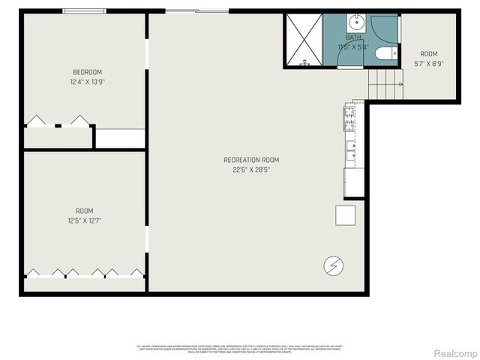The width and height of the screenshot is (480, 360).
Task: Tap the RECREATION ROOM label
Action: pyautogui.click(x=251, y=160)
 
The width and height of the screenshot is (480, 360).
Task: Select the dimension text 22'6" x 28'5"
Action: pyautogui.click(x=251, y=169)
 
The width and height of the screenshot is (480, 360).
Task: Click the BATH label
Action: pyautogui.click(x=354, y=37)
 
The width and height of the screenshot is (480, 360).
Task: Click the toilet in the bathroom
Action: pyautogui.click(x=384, y=53)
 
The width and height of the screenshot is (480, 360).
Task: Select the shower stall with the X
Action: pyautogui.click(x=303, y=40)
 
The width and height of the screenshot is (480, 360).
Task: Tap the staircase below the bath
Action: pyautogui.click(x=385, y=82)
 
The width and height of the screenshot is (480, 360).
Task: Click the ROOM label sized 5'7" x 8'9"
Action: pyautogui.click(x=428, y=54)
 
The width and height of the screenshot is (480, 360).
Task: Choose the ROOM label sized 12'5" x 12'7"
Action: pyautogui.click(x=85, y=211)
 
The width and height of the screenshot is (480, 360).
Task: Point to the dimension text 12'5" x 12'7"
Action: pyautogui.click(x=85, y=220)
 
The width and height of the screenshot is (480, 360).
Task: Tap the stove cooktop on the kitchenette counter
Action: pyautogui.click(x=349, y=115)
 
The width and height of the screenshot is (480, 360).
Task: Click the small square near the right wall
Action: pyautogui.click(x=346, y=214)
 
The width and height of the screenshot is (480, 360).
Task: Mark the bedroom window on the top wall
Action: pyautogui.click(x=84, y=11)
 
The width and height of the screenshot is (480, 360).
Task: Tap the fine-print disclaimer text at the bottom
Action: pyautogui.click(x=239, y=349)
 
